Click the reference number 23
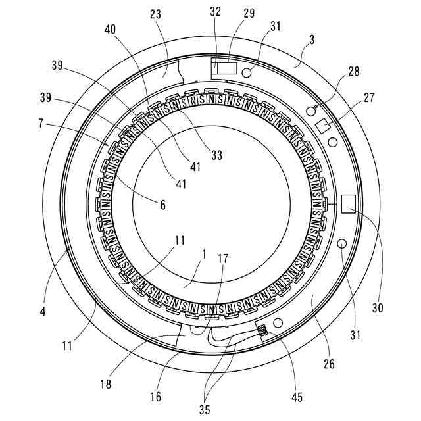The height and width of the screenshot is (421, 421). coord(156,14)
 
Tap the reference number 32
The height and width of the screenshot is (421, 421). coord(215,12)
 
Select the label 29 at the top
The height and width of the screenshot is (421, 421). coord(249,13)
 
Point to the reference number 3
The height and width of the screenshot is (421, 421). coord(311,39)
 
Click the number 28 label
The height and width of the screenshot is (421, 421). coord(354,72)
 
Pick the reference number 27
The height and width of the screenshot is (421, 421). coord(369,97)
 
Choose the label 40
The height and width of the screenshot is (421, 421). coord(110,29)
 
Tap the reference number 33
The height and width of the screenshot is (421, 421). coord(216,155)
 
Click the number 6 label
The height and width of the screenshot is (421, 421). coord(162,205)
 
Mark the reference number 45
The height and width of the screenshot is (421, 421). coord(297,397)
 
